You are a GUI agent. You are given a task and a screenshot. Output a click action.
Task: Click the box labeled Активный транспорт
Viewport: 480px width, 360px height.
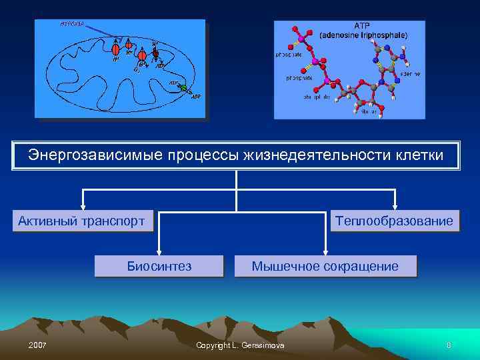82,221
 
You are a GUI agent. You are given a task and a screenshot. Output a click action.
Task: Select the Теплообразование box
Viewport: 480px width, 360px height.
395,221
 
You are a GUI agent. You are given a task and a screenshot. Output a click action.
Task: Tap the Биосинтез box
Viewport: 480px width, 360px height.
159,266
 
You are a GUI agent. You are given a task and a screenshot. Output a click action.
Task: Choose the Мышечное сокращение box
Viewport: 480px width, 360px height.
325,266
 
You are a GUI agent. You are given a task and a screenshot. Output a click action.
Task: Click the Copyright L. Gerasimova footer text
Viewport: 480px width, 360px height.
240,345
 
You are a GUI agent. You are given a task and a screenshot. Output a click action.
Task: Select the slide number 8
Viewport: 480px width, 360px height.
449,345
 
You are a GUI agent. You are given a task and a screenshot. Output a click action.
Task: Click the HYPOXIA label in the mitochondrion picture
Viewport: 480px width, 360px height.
72,24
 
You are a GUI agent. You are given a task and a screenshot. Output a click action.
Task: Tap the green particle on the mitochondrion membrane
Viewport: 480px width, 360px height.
183,88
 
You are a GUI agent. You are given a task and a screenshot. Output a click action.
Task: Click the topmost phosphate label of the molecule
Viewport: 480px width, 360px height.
288,55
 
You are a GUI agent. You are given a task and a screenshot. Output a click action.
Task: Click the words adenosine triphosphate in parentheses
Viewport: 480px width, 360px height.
363,35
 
